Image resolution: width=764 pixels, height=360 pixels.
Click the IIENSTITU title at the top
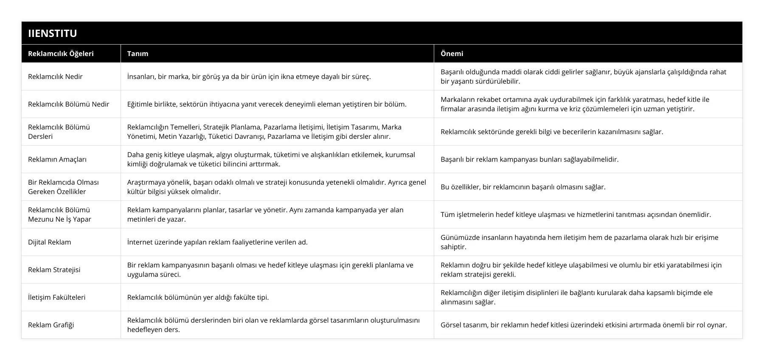click(x=53, y=33)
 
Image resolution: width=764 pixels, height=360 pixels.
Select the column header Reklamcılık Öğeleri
click(x=61, y=53)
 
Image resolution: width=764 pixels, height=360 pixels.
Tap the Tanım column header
click(x=138, y=53)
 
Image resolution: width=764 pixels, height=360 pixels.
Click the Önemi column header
click(x=452, y=53)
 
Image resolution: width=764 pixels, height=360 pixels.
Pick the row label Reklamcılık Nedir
click(x=55, y=76)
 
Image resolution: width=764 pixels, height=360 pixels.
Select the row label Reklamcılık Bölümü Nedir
click(x=68, y=104)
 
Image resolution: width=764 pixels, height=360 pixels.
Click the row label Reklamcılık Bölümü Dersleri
click(x=59, y=132)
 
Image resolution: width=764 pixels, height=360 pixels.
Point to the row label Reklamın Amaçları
click(x=57, y=159)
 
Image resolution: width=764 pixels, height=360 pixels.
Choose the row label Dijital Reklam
click(x=50, y=242)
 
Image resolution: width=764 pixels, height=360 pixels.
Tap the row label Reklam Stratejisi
click(x=54, y=270)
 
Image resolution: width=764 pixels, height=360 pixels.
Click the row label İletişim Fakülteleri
click(x=56, y=297)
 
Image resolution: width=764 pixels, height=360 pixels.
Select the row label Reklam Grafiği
click(x=51, y=325)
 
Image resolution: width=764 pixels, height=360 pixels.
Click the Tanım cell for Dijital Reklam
click(x=217, y=242)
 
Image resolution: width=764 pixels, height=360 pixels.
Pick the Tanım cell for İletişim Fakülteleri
click(x=198, y=297)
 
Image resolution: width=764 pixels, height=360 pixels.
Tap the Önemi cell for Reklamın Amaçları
click(x=529, y=159)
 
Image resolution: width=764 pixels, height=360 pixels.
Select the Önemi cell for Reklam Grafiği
click(x=584, y=325)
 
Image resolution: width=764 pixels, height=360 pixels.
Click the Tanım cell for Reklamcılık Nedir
click(x=249, y=76)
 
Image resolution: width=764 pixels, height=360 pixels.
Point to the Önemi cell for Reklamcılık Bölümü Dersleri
click(x=552, y=132)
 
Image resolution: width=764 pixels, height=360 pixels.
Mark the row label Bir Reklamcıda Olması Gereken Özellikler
click(x=63, y=187)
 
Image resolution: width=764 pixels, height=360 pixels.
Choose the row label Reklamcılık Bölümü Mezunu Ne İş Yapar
click(x=59, y=214)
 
